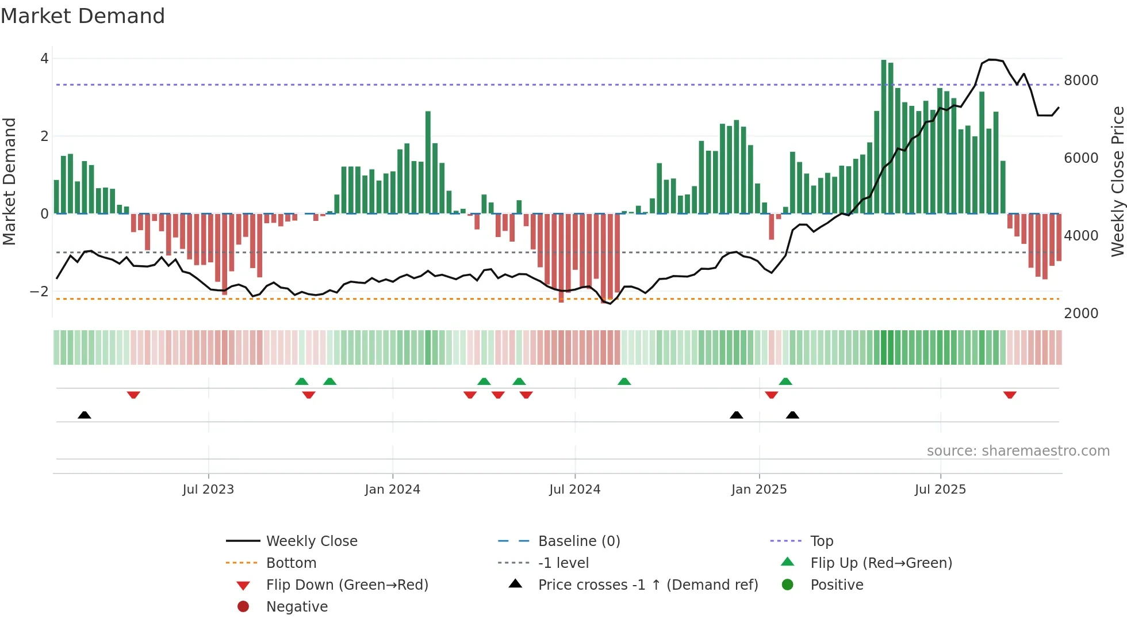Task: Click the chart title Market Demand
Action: click(83, 16)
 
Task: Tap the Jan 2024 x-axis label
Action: click(392, 490)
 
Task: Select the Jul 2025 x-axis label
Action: click(940, 490)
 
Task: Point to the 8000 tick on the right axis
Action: click(1081, 81)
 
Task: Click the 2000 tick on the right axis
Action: click(1081, 314)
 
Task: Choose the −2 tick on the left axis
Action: click(39, 292)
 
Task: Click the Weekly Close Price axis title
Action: click(1117, 181)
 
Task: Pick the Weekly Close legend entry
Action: click(311, 541)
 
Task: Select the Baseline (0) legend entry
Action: click(578, 541)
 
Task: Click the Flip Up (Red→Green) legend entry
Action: click(881, 563)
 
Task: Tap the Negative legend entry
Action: click(297, 607)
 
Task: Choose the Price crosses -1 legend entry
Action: click(647, 585)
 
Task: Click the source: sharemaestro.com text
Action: click(1018, 451)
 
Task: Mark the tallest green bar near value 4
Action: click(884, 137)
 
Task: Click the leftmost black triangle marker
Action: click(85, 415)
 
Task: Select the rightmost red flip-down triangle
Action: click(1010, 395)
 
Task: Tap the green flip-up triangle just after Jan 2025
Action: click(785, 381)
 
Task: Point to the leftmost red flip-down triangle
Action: click(133, 395)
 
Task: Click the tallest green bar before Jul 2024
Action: click(428, 162)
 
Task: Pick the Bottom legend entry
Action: click(291, 563)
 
